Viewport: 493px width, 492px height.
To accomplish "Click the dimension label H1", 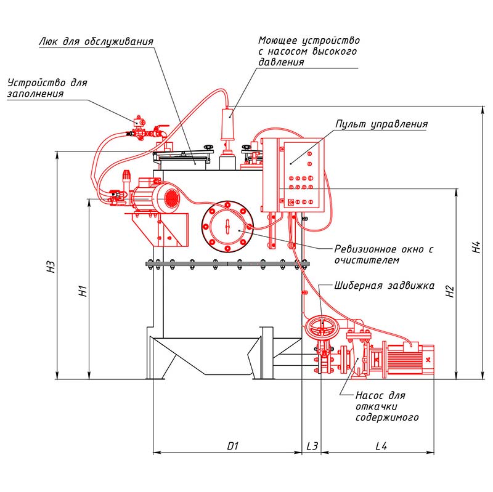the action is click(83, 291).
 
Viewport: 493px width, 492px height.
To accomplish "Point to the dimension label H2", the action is click(450, 291).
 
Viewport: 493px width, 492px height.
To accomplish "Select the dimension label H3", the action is click(51, 267).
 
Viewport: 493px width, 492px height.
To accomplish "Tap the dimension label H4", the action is click(476, 247).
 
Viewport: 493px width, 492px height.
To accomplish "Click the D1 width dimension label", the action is click(233, 446).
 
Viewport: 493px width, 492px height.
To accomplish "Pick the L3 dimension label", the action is click(312, 446).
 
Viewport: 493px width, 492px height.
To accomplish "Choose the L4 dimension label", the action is click(381, 446).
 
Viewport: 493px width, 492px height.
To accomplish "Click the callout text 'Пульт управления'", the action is click(381, 124).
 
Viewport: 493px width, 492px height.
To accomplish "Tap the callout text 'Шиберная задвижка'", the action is click(384, 286).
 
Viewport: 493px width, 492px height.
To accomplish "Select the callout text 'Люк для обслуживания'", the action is click(96, 41).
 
